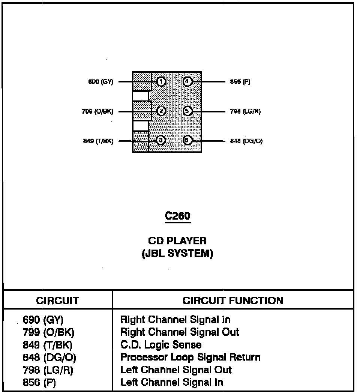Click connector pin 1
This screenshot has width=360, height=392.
tap(161, 81)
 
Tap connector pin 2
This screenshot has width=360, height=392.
tap(161, 111)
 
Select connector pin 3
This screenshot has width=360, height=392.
tap(161, 141)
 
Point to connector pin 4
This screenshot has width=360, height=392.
tap(187, 81)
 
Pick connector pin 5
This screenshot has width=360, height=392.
tap(187, 111)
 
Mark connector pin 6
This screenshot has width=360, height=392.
tap(187, 141)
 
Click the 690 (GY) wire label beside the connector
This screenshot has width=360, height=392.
tap(100, 82)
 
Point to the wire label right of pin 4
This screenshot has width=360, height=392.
tap(240, 82)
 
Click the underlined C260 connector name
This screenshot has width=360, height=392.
tap(178, 216)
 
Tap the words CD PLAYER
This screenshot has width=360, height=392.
tap(177, 241)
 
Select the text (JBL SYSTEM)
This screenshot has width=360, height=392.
tap(177, 254)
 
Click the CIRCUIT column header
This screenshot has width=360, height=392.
tap(58, 301)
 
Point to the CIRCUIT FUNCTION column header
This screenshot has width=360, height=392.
tap(233, 301)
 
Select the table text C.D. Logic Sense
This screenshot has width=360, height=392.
tap(160, 345)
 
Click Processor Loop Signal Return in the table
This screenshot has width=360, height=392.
tap(190, 357)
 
